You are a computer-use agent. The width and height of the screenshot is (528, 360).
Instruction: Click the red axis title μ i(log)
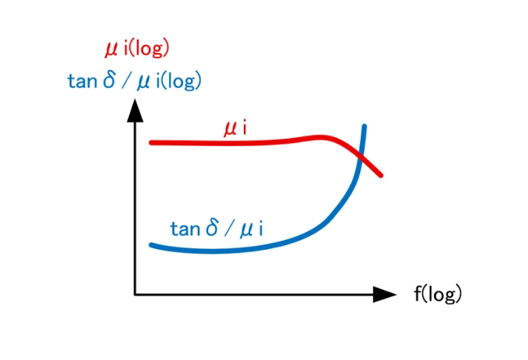(136, 49)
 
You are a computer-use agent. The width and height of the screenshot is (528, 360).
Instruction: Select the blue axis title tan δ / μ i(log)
(134, 81)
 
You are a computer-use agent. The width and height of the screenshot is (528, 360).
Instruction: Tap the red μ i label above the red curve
(236, 129)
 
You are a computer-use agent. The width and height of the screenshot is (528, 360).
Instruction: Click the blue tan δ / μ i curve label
(216, 229)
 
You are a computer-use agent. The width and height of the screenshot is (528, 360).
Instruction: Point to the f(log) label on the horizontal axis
(438, 294)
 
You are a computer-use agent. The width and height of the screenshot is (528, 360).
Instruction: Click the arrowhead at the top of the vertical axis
(135, 110)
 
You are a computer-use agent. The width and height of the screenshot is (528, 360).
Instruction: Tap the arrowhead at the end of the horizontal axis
(385, 294)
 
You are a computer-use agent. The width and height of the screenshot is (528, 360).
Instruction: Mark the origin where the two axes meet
(135, 294)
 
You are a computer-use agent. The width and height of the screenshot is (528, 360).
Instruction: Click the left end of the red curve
(151, 143)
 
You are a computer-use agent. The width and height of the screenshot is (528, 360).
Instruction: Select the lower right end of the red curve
(381, 175)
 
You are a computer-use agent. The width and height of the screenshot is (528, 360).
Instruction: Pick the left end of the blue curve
(151, 245)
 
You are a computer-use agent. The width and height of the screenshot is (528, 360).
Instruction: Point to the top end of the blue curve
(365, 126)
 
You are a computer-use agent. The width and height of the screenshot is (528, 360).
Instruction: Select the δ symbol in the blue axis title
(109, 80)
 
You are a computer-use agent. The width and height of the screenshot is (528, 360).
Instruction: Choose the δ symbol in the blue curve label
(212, 228)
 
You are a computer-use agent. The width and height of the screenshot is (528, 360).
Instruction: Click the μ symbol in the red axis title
(112, 50)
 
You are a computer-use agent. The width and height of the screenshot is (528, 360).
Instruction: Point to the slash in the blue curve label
(229, 229)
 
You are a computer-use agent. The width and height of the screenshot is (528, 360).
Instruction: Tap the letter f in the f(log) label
(418, 293)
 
